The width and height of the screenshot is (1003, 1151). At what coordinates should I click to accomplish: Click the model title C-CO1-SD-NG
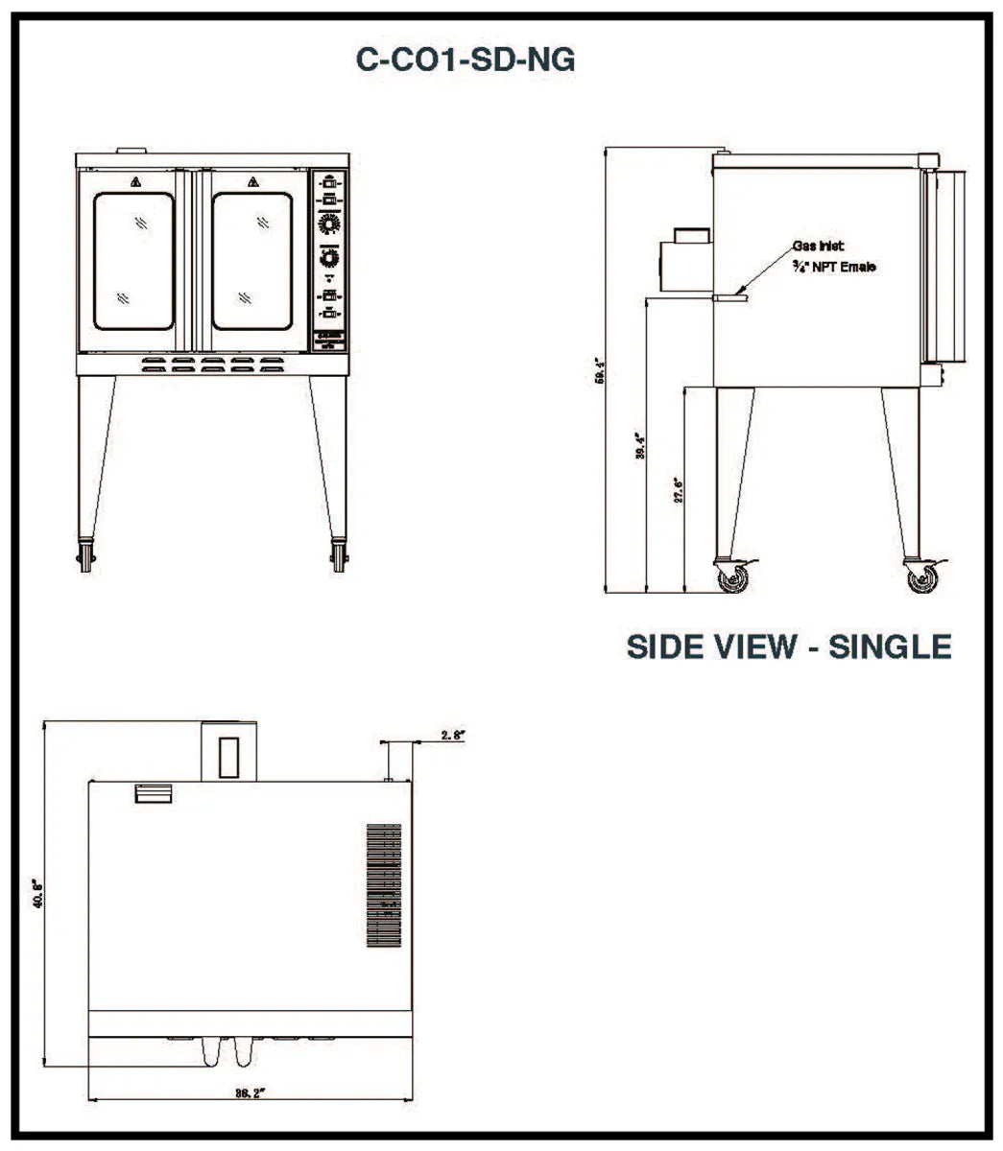466,60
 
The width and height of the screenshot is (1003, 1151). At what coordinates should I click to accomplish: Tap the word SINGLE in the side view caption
890,646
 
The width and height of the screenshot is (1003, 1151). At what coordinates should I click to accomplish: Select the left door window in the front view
133,261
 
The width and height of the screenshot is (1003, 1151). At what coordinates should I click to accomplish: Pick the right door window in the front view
251,261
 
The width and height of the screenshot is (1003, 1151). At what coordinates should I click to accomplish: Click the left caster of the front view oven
87,557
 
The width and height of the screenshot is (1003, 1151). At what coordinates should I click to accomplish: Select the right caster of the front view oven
339,557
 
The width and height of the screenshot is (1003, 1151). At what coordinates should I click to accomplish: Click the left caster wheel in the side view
733,577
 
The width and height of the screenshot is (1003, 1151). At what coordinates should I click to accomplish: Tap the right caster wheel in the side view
921,577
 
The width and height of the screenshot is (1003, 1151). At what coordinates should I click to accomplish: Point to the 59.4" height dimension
600,370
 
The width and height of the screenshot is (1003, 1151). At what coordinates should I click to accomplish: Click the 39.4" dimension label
640,447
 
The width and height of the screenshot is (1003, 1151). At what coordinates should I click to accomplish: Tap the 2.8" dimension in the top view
453,735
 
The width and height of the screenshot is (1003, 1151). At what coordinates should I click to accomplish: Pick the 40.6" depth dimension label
38,894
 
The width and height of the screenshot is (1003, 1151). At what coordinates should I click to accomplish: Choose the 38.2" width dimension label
249,1092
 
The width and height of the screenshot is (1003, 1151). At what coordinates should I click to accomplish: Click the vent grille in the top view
384,885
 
